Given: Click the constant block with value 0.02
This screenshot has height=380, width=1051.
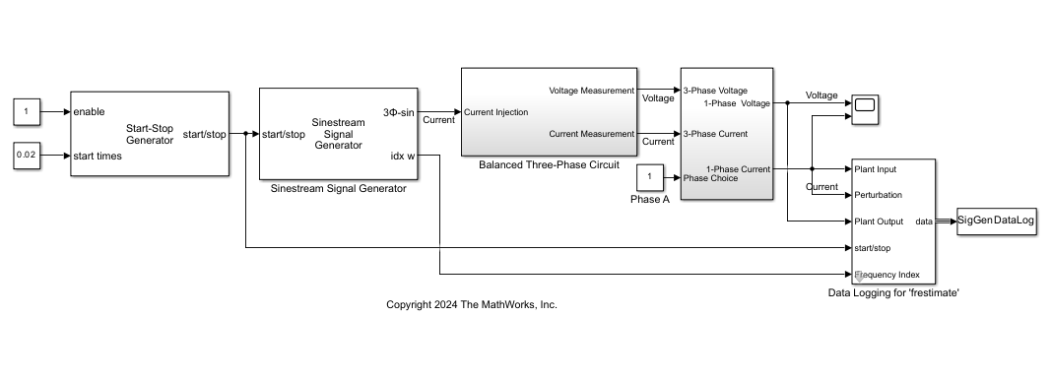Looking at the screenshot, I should [27, 156].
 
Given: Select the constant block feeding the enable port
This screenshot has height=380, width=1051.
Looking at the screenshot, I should [27, 112].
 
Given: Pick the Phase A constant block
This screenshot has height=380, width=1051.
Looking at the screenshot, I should [649, 178].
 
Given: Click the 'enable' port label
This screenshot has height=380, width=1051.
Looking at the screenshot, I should [89, 112].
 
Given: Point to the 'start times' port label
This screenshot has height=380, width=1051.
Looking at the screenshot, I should [99, 156].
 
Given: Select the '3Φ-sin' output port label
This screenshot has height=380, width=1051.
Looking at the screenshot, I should [398, 112].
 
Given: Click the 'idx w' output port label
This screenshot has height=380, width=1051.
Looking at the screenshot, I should [402, 156].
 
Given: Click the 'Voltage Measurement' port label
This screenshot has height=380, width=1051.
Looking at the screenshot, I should [591, 91].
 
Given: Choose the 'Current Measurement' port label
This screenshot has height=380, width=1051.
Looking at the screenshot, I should [591, 134].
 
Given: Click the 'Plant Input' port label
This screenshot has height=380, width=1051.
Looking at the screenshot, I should [875, 169].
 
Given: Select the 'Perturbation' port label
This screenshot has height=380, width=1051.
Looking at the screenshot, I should [878, 195].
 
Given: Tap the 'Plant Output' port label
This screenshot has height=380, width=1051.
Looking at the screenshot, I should [879, 222].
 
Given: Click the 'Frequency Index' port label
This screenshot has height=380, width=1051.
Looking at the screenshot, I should [887, 275].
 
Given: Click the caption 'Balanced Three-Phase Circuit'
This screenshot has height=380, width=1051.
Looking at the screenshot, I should [549, 164].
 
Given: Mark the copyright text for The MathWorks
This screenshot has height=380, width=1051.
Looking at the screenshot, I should [471, 305].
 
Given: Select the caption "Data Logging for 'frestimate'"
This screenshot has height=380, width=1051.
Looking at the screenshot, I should [892, 292].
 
